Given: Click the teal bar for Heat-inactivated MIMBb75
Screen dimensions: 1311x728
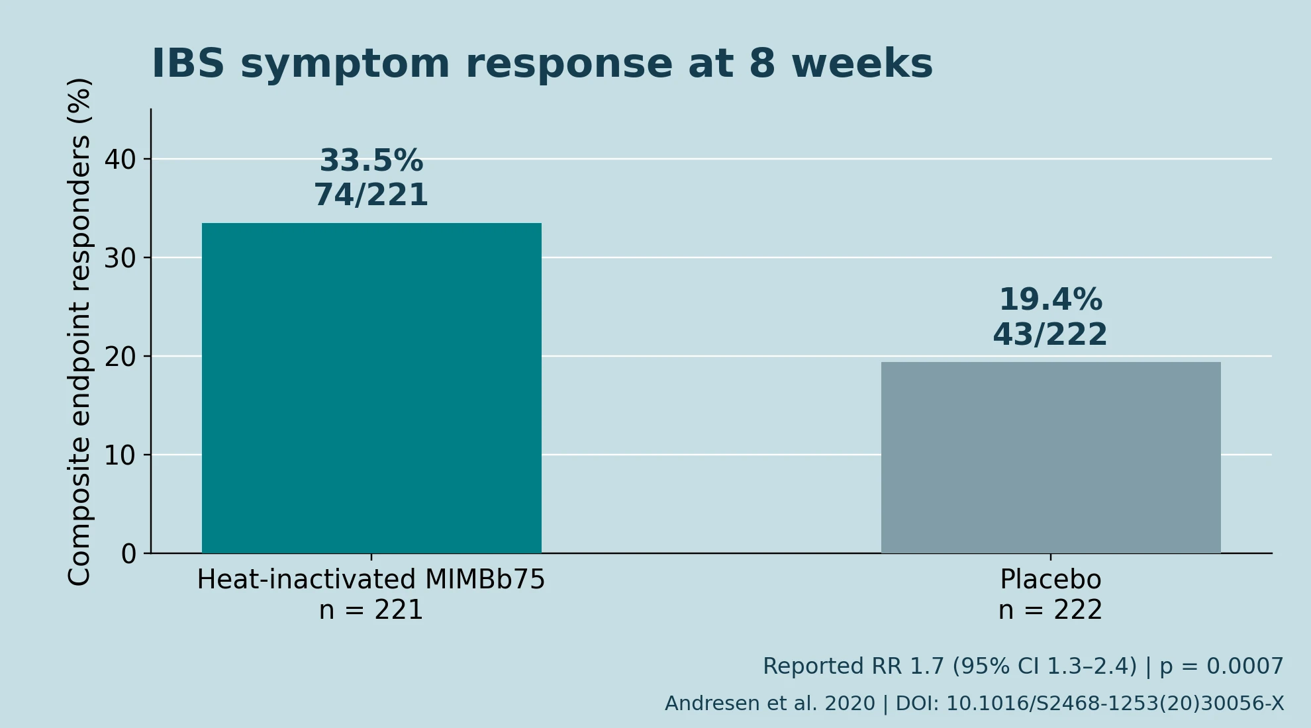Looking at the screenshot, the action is click(371, 388).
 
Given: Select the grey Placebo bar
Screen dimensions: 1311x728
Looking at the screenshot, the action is click(1051, 457).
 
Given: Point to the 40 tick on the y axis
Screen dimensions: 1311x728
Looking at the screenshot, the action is click(120, 159).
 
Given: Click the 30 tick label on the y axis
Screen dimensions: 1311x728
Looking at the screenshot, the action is click(120, 258).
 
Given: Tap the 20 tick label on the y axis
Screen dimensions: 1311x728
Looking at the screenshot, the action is click(120, 357).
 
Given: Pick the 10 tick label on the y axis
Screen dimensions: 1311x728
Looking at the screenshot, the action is click(120, 455).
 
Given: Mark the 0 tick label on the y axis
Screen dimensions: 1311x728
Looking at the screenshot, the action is click(128, 554).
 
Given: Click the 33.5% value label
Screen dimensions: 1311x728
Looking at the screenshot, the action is click(371, 161).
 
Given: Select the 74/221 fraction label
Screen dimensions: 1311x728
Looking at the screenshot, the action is click(371, 195).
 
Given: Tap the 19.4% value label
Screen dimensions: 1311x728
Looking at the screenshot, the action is click(1051, 300).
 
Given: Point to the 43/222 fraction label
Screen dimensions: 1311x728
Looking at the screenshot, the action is click(1051, 334).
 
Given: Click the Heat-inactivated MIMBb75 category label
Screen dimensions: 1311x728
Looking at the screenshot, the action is click(371, 579).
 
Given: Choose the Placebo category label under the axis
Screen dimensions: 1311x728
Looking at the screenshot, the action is click(1051, 579).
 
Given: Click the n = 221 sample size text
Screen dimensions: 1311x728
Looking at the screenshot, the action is click(371, 610).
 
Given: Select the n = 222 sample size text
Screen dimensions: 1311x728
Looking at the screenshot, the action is click(1051, 610).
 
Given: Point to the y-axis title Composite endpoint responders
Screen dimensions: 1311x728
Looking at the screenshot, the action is click(79, 332).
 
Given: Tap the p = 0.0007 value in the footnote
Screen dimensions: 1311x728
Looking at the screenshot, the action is click(1222, 666).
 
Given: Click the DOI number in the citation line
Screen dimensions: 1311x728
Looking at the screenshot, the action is click(1115, 704).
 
